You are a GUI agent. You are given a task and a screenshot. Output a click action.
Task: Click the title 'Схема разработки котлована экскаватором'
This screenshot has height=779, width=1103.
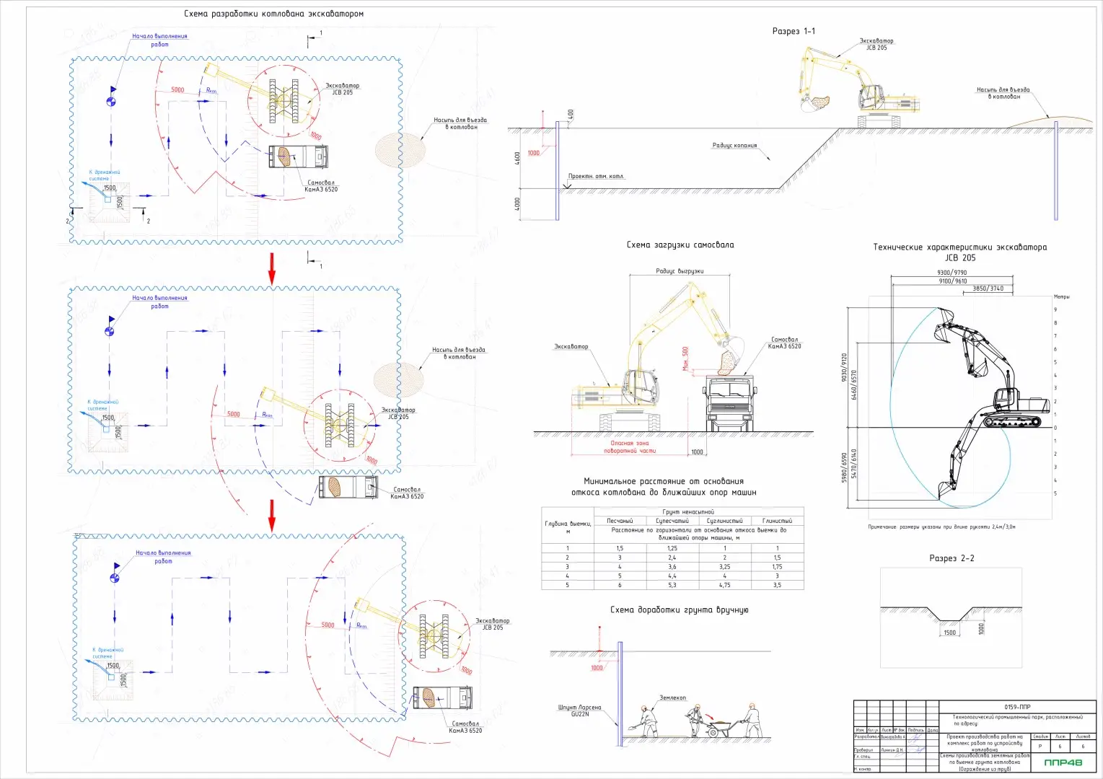pos(273,14)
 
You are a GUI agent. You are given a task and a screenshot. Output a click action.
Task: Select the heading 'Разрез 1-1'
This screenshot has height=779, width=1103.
pos(794,31)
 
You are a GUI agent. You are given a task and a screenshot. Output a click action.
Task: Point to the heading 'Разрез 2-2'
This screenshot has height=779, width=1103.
pos(952,558)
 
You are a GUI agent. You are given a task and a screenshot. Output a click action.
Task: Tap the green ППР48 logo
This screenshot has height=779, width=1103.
pos(1063,762)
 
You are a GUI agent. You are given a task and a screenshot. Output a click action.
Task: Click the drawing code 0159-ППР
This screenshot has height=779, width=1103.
pos(1016,707)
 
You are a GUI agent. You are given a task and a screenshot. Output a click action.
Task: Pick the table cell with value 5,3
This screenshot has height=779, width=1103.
pos(672,585)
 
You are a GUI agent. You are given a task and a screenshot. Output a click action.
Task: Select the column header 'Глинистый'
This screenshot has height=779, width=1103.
pos(777,520)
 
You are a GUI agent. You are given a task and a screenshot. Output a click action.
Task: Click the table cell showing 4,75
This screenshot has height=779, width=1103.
pos(724,585)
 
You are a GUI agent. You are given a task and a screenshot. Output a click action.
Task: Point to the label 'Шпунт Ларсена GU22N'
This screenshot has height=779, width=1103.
pos(579,710)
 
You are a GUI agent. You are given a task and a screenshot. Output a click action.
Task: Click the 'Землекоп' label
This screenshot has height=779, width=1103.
pos(672,697)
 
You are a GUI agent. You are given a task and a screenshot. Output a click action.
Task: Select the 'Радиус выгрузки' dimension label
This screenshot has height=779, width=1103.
pos(680,271)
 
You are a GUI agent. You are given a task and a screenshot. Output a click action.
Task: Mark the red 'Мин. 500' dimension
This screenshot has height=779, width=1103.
pos(685,358)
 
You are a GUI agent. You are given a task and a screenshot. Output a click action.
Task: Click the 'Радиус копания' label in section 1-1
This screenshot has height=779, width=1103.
pos(734,145)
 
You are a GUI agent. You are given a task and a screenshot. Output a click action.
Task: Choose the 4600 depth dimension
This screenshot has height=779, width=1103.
pos(517,157)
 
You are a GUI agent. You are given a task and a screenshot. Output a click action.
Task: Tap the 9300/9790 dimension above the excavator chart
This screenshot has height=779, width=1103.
pos(952,273)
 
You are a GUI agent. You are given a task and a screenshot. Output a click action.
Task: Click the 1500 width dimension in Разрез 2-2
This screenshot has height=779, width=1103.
pos(949,633)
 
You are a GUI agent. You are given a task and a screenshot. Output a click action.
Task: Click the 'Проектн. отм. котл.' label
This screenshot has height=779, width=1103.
pos(596,176)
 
